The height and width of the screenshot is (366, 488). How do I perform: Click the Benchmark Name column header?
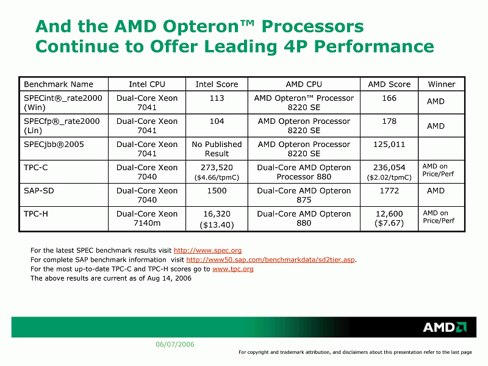[x=59, y=84]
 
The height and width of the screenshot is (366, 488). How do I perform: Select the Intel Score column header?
[x=217, y=84]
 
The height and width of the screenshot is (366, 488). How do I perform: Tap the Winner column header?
[x=441, y=84]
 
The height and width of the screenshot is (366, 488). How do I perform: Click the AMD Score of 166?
[x=389, y=98]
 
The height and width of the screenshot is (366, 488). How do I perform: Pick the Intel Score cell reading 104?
[x=217, y=121]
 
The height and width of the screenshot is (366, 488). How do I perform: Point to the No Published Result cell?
[x=217, y=149]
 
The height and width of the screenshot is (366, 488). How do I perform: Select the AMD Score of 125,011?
[x=389, y=145]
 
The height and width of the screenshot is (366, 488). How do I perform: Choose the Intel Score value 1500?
[x=217, y=191]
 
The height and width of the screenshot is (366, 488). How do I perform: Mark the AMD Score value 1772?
[x=389, y=191]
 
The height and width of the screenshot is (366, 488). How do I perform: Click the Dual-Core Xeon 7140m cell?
[x=147, y=218]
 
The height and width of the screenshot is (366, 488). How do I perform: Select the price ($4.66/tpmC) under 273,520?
[x=217, y=178]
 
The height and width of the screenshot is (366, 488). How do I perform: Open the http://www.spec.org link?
[x=207, y=251]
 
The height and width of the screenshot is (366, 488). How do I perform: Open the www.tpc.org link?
[x=232, y=269]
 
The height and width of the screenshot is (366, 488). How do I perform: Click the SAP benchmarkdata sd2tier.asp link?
[x=270, y=260]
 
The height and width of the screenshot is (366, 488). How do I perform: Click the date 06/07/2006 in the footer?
[x=175, y=345]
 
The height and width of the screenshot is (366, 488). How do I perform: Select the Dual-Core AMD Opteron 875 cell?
[x=304, y=195]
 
